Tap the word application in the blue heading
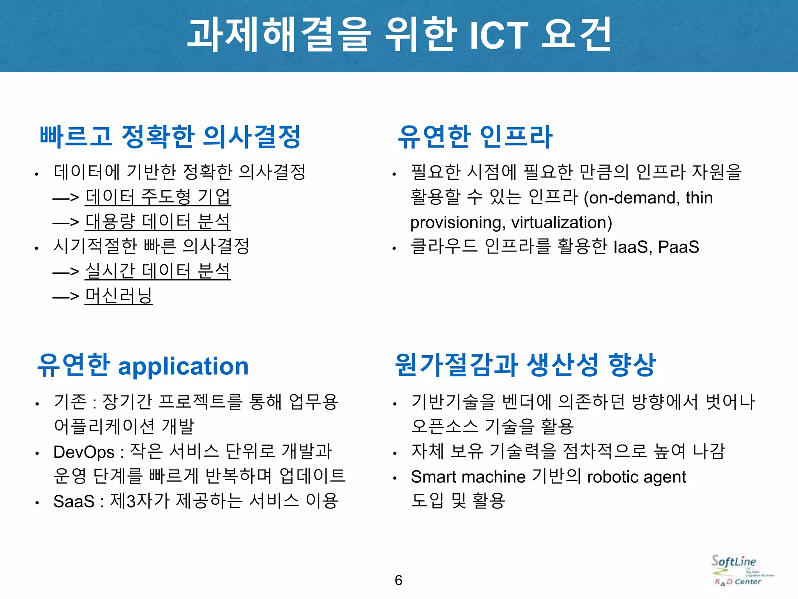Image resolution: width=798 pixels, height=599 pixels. [x=183, y=367]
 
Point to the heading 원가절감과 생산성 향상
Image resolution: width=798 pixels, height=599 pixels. [x=525, y=365]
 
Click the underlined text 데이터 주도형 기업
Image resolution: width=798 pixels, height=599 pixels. [x=158, y=197]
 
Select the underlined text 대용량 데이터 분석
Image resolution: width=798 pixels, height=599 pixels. [x=158, y=222]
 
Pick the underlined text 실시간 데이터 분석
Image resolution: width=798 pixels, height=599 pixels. [x=158, y=271]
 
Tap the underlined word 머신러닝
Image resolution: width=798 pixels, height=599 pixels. [x=118, y=296]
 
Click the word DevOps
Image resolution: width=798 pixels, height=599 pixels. [x=84, y=452]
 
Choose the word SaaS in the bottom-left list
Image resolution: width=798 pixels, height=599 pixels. [x=74, y=502]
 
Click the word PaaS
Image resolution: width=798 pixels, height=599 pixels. [x=678, y=247]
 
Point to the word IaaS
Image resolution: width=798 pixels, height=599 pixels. [x=632, y=247]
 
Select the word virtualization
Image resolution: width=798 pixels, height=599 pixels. [x=561, y=223]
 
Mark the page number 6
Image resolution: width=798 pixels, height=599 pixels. [x=398, y=580]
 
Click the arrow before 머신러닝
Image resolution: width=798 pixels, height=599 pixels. [x=65, y=296]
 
